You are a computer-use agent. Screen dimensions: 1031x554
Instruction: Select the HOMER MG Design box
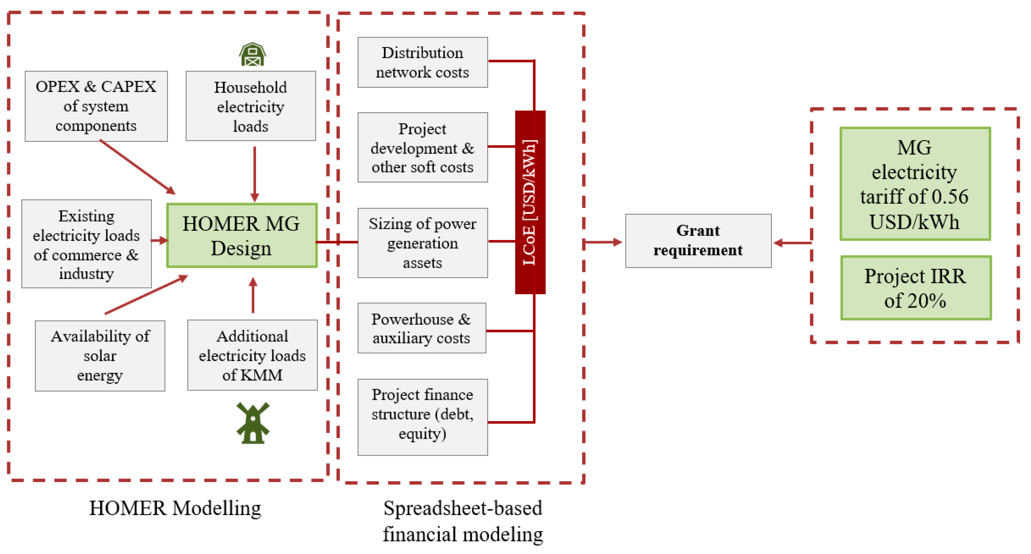tap(242, 235)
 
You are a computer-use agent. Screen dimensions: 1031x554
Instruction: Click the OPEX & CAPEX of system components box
tap(96, 106)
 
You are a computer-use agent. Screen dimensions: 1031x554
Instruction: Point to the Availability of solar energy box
tap(100, 356)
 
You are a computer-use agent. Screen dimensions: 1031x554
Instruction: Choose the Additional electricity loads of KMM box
tap(252, 355)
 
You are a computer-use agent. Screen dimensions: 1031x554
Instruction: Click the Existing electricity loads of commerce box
tap(86, 243)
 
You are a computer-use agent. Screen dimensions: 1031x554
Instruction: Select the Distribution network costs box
tap(423, 62)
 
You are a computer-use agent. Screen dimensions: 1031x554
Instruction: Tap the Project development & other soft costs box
tap(423, 147)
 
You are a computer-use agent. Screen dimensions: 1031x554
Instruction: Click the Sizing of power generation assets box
tap(423, 243)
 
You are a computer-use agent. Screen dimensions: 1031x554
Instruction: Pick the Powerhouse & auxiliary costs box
tap(422, 328)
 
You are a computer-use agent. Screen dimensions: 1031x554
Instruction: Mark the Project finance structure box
tap(423, 417)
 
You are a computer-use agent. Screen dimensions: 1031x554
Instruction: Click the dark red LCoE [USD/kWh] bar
tap(530, 202)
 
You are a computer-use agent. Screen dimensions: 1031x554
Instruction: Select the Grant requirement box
tap(698, 241)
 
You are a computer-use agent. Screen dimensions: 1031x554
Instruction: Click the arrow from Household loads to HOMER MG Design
tap(255, 174)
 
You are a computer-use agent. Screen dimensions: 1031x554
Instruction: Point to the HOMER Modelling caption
tap(175, 509)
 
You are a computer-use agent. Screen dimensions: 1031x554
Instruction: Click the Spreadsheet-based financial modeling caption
tap(463, 521)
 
